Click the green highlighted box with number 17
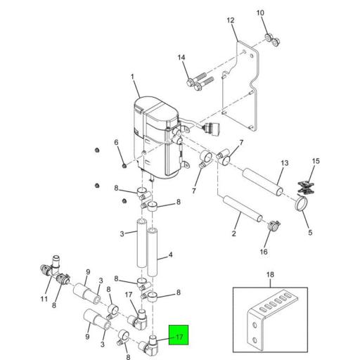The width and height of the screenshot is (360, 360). (x=179, y=335)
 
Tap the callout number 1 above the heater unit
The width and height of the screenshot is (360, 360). (x=132, y=77)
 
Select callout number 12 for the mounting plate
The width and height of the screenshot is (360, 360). (x=231, y=20)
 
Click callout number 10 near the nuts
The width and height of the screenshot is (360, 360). (x=260, y=13)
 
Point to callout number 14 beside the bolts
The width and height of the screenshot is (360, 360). (x=181, y=58)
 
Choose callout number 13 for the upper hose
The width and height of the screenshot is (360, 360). (x=285, y=163)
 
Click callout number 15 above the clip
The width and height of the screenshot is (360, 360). (x=316, y=161)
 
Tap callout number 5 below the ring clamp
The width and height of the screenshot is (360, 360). (x=310, y=233)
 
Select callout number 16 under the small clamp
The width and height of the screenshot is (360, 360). (x=264, y=252)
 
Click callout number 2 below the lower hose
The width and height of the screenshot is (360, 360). (x=233, y=233)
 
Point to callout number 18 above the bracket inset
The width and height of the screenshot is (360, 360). (x=270, y=274)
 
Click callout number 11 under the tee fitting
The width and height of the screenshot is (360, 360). (x=44, y=299)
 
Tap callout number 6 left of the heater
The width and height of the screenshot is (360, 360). (x=117, y=142)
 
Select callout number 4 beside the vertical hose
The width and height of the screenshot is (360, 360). (x=171, y=255)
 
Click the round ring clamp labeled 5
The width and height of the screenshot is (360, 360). (x=301, y=203)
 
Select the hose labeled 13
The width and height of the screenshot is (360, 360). (x=263, y=181)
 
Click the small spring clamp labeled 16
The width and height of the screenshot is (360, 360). (x=273, y=226)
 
